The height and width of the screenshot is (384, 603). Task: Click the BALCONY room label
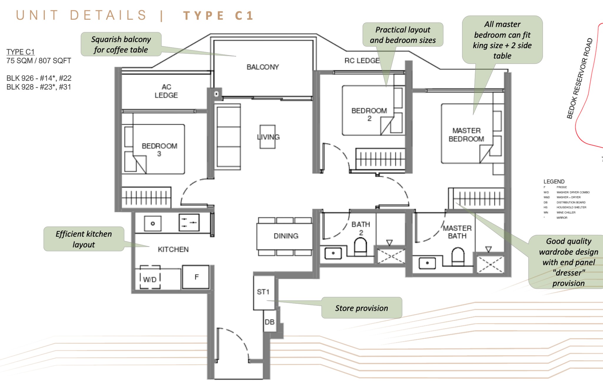(263, 67)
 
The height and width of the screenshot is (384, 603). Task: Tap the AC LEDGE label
(166, 91)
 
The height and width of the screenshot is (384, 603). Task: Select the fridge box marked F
(196, 277)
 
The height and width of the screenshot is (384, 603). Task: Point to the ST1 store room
(263, 292)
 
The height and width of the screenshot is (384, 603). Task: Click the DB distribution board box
(269, 322)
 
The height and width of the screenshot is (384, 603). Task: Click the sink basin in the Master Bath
(427, 263)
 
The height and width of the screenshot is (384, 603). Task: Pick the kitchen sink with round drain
(153, 224)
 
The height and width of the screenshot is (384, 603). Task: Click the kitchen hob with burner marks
(189, 223)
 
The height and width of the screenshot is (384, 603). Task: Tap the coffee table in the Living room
(267, 137)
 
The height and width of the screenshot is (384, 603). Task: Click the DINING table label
(286, 236)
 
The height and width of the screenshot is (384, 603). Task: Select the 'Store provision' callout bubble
(362, 308)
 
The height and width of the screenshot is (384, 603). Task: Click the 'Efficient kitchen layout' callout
(84, 239)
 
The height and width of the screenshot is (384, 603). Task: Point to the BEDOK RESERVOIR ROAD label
(579, 79)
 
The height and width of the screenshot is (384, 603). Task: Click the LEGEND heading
(554, 181)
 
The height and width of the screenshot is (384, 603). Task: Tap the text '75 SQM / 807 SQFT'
(39, 61)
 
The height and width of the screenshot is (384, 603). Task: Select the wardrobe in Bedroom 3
(146, 197)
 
